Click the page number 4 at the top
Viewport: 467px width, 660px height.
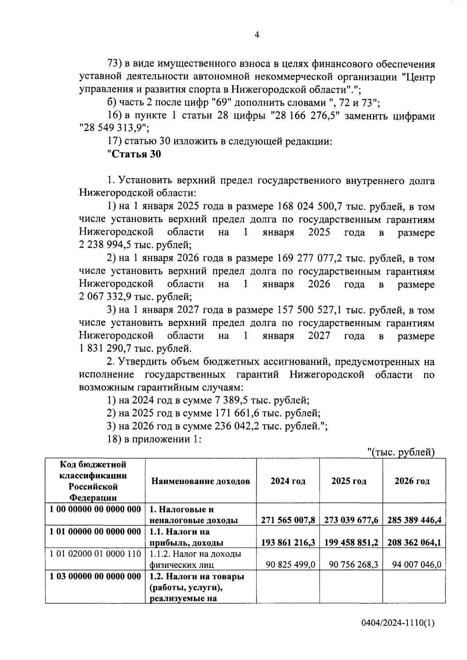click(257, 35)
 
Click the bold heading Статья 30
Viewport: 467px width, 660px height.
click(134, 154)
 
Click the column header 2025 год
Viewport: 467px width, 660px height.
click(349, 481)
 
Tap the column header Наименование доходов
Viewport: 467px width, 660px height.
click(200, 481)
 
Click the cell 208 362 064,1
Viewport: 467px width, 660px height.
click(414, 542)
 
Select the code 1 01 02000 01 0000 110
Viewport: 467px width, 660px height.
click(95, 554)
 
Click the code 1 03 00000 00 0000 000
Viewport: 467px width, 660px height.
click(95, 576)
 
